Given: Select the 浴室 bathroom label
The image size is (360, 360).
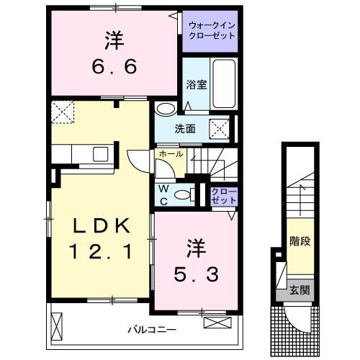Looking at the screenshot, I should coord(197,84).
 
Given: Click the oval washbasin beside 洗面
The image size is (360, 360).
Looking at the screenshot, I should coord(165,109).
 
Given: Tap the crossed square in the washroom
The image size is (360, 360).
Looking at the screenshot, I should coord(220,128).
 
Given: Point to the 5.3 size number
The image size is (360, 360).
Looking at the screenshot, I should coord(195,274).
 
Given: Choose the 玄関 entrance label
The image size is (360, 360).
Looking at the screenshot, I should coord(300,291).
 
